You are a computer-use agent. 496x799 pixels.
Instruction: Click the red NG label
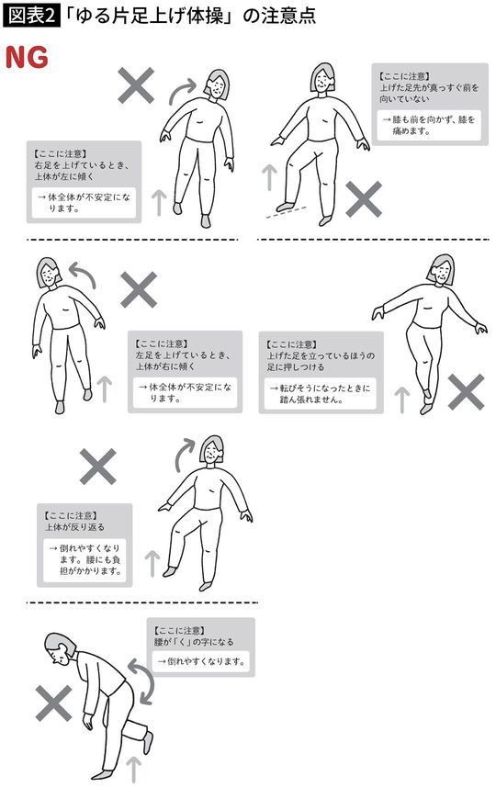pyautogui.click(x=27, y=57)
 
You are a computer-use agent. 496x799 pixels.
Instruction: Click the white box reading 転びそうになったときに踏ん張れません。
pyautogui.click(x=321, y=394)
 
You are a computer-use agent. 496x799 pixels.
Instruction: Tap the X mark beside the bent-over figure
pyautogui.click(x=54, y=704)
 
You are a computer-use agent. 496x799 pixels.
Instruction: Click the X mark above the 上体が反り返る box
pyautogui.click(x=98, y=467)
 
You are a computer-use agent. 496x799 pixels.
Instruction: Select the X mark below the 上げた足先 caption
pyautogui.click(x=364, y=197)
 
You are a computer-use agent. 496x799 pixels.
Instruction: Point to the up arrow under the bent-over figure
pyautogui.click(x=133, y=768)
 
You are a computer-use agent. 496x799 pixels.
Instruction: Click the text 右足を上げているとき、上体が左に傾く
pyautogui.click(x=84, y=170)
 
